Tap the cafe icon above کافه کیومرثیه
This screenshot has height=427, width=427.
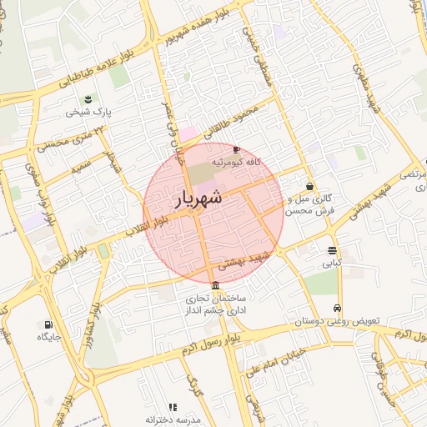(x=238, y=149)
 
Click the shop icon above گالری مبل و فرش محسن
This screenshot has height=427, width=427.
(x=310, y=188)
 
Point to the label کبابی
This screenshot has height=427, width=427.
(x=333, y=263)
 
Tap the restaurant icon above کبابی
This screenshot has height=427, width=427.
(x=333, y=250)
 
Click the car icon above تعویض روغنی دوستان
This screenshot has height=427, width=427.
(x=337, y=308)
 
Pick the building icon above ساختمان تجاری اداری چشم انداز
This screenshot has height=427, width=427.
(x=216, y=286)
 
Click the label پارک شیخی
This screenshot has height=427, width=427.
(x=90, y=110)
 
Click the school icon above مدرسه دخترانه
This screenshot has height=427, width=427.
(x=173, y=407)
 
